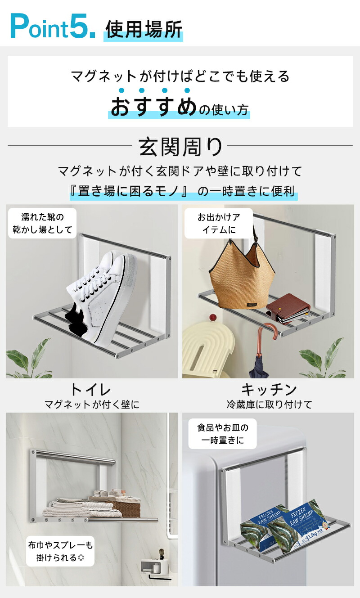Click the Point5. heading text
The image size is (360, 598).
(x=53, y=26)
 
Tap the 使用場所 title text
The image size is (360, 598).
(x=144, y=29)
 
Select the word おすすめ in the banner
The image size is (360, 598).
(x=153, y=106)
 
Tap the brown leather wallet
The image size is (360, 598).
(x=288, y=308)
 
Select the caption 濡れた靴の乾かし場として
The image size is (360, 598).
(x=42, y=223)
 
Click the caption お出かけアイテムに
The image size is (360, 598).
(x=219, y=223)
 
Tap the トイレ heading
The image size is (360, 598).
(x=90, y=390)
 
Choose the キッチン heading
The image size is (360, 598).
(x=269, y=390)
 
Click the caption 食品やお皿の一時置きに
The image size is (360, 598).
(x=222, y=434)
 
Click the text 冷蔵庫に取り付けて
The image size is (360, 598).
(x=269, y=405)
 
